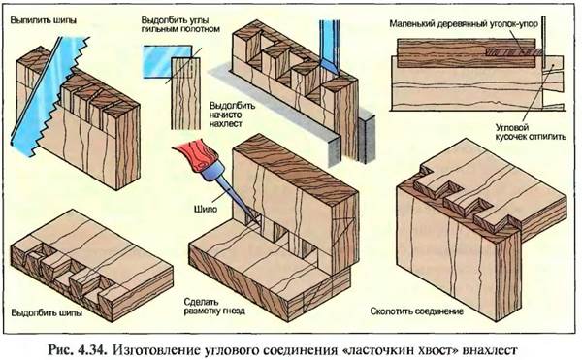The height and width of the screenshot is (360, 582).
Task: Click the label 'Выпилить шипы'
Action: (43, 20)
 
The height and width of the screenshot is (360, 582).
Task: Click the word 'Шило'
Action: (206, 209)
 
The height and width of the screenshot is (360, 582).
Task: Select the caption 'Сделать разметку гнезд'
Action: (214, 307)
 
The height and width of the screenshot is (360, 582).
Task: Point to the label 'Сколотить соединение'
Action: (417, 311)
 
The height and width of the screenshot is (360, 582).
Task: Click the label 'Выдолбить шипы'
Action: (47, 312)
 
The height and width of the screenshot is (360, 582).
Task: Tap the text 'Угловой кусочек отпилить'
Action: (531, 132)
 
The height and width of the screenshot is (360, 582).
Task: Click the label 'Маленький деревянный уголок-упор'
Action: (464, 23)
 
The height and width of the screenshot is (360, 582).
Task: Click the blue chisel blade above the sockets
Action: (330, 48)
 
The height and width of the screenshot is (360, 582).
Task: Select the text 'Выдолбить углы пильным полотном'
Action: (180, 23)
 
